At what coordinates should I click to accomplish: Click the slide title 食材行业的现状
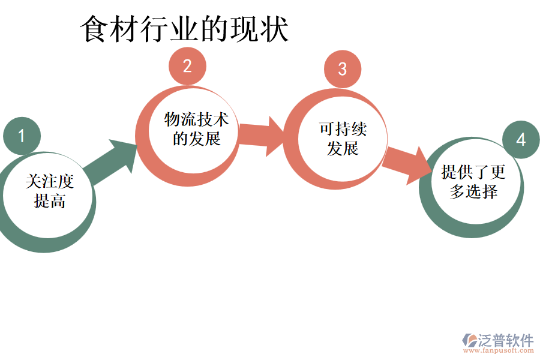(184, 29)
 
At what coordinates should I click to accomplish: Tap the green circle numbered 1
(22, 136)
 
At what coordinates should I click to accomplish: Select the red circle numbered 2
(187, 66)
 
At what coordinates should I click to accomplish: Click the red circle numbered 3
(342, 68)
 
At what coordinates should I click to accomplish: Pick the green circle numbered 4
(520, 140)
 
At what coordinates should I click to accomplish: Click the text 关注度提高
(50, 191)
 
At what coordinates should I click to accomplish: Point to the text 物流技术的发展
(197, 129)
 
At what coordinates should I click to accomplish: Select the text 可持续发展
(343, 139)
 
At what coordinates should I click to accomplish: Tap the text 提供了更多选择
(473, 182)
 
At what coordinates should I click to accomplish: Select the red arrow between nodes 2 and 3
(260, 136)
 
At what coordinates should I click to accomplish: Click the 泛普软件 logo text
(505, 340)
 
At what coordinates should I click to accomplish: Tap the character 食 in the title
(94, 29)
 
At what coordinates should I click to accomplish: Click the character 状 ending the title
(275, 29)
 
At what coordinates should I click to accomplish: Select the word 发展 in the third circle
(343, 148)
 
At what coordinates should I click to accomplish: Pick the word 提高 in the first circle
(50, 201)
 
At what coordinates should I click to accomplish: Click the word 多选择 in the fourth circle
(473, 192)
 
